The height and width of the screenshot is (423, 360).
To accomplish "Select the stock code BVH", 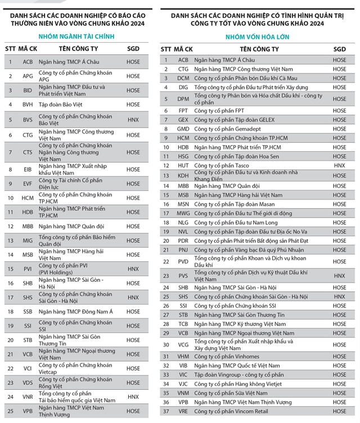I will click(28, 105).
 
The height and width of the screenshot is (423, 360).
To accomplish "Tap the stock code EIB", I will click(28, 168).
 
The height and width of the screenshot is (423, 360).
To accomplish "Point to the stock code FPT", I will click(183, 111).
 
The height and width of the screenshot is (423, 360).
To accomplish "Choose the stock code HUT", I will click(183, 165).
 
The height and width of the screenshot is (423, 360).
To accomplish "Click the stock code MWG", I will click(183, 213).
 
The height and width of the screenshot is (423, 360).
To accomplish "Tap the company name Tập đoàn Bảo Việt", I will click(61, 105).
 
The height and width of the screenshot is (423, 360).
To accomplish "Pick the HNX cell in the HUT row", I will click(340, 165).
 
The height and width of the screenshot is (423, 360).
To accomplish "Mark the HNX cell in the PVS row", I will click(340, 276).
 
